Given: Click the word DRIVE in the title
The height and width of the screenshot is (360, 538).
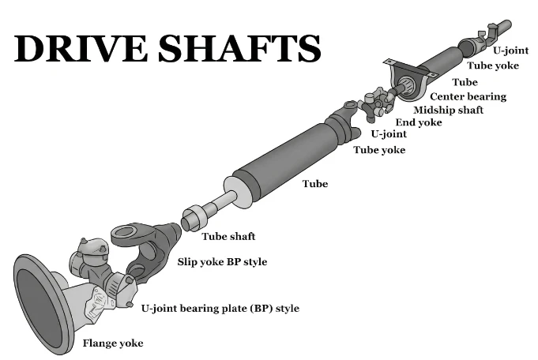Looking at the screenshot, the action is pyautogui.click(x=81, y=48).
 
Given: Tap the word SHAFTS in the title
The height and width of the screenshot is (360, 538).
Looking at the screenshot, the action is pyautogui.click(x=239, y=48).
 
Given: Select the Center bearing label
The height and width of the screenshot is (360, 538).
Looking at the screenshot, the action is pyautogui.click(x=468, y=96).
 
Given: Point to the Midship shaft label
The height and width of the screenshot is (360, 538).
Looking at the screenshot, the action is pyautogui.click(x=448, y=110).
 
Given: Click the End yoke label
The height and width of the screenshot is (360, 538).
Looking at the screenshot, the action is pyautogui.click(x=419, y=122).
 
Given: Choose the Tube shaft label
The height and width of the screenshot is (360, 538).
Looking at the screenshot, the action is pyautogui.click(x=228, y=236).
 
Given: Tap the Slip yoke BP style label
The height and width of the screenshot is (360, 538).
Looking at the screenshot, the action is pyautogui.click(x=222, y=262).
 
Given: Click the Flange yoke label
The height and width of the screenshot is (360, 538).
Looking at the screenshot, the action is pyautogui.click(x=113, y=343).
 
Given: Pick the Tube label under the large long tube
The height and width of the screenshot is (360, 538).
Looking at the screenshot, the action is pyautogui.click(x=315, y=184).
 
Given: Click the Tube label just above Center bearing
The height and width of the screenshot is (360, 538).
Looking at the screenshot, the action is pyautogui.click(x=465, y=82).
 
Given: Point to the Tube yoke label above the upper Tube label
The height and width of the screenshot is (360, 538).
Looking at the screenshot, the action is pyautogui.click(x=493, y=66).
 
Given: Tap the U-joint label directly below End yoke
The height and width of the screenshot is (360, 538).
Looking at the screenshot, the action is pyautogui.click(x=389, y=133).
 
